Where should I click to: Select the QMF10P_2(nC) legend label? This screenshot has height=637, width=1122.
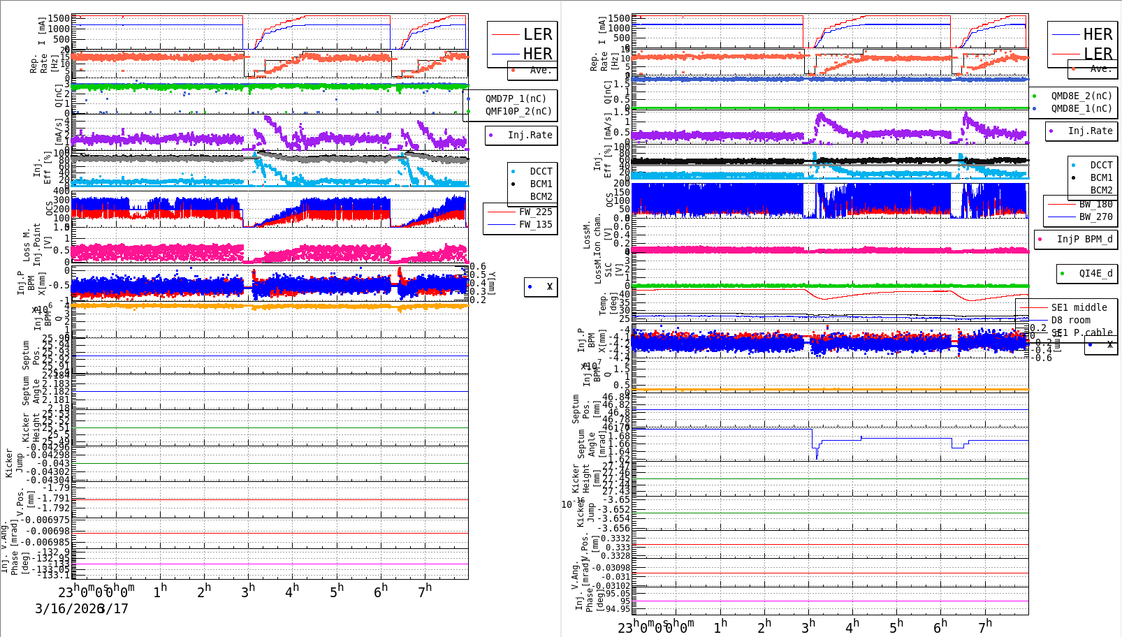coord(518,111)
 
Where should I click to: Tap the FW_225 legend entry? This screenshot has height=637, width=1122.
coord(535,212)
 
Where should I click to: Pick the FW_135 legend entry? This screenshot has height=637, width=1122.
coord(535,224)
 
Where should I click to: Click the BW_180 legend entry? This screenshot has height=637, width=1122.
coord(1095,204)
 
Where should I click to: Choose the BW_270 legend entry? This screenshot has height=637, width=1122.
coord(1095,217)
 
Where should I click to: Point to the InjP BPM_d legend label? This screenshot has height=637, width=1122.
coord(1084,239)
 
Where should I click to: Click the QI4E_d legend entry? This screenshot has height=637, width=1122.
coord(1095,273)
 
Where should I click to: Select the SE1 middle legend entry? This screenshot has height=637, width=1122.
coord(1079,307)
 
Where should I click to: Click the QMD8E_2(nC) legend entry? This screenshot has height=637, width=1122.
coord(1081,96)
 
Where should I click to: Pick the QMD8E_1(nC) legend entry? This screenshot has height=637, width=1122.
coord(1081,108)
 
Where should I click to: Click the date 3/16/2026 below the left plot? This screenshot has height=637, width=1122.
coord(69,608)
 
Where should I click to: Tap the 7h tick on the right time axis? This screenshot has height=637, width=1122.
coord(985,627)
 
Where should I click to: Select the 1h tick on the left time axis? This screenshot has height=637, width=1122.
coord(160,592)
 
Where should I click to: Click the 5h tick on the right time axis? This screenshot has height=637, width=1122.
coord(896,627)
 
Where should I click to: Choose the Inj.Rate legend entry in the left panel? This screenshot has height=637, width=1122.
coord(530,135)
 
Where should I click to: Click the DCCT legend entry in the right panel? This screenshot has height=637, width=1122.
coord(1101,165)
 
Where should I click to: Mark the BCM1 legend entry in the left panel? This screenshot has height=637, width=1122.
coord(541,184)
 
